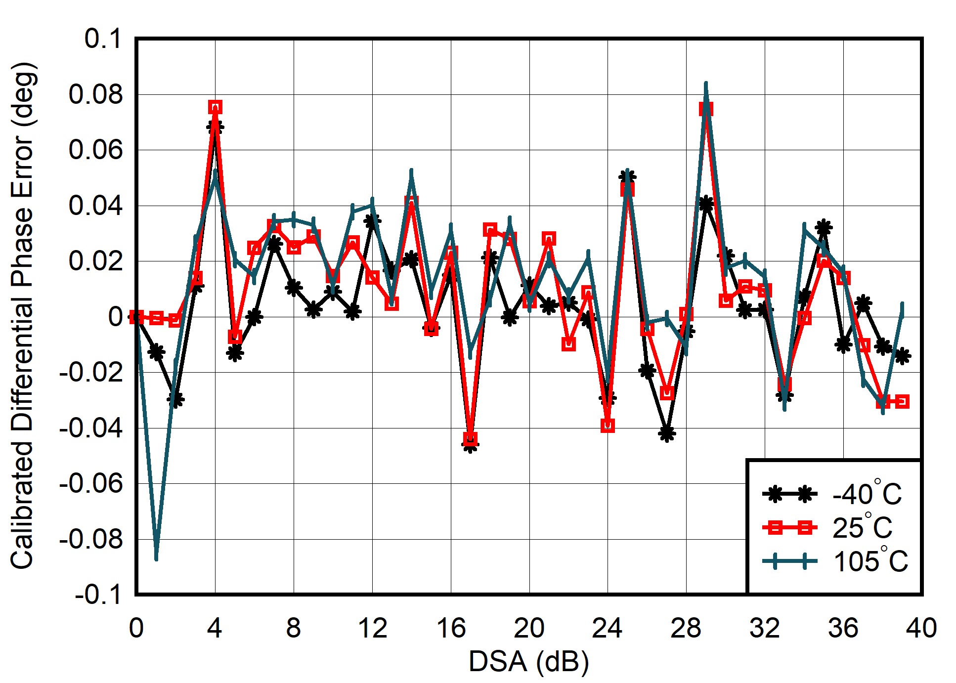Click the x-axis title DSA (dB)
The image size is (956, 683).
[x=528, y=661]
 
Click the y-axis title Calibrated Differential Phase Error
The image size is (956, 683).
[x=23, y=316]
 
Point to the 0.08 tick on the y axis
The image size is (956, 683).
[x=95, y=94]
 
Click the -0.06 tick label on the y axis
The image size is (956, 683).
[x=91, y=483]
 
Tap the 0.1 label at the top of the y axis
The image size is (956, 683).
[x=103, y=39]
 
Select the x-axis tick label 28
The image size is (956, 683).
[x=686, y=628]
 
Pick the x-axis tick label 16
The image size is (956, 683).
[x=450, y=628]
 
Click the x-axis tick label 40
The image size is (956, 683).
[x=921, y=628]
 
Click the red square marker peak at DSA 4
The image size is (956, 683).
[x=215, y=107]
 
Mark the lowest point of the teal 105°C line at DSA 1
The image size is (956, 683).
[x=156, y=557]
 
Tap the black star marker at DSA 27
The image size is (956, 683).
[x=666, y=433]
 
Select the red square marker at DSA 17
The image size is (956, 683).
[x=470, y=438]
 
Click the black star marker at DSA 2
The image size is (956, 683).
[x=175, y=399]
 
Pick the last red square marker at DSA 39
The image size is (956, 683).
[x=902, y=401]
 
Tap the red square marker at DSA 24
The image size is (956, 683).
[x=608, y=425]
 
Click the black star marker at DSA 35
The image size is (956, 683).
[x=824, y=228]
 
